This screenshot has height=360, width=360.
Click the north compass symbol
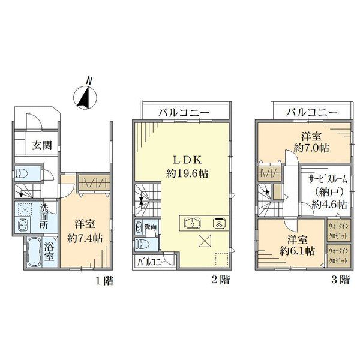(x=85, y=97)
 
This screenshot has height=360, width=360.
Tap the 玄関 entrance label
(x=42, y=145)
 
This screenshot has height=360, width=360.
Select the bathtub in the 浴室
(x=34, y=252)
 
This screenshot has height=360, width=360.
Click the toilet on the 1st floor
(x=22, y=173)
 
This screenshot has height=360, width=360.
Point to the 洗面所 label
(x=44, y=216)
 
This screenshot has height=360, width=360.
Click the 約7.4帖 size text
(x=85, y=239)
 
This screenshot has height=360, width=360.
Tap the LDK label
(x=187, y=160)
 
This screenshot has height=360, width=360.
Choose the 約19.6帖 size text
(x=187, y=173)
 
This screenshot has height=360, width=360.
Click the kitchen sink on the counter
(x=193, y=223)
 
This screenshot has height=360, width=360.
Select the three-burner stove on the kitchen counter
(x=220, y=223)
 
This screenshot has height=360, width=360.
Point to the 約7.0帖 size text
(x=311, y=148)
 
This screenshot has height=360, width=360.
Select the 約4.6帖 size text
(x=329, y=205)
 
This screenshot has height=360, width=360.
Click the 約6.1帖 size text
(x=297, y=251)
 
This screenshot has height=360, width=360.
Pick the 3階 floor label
(x=341, y=280)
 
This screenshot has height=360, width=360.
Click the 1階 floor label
(x=104, y=281)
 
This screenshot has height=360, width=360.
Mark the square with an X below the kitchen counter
(x=205, y=241)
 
